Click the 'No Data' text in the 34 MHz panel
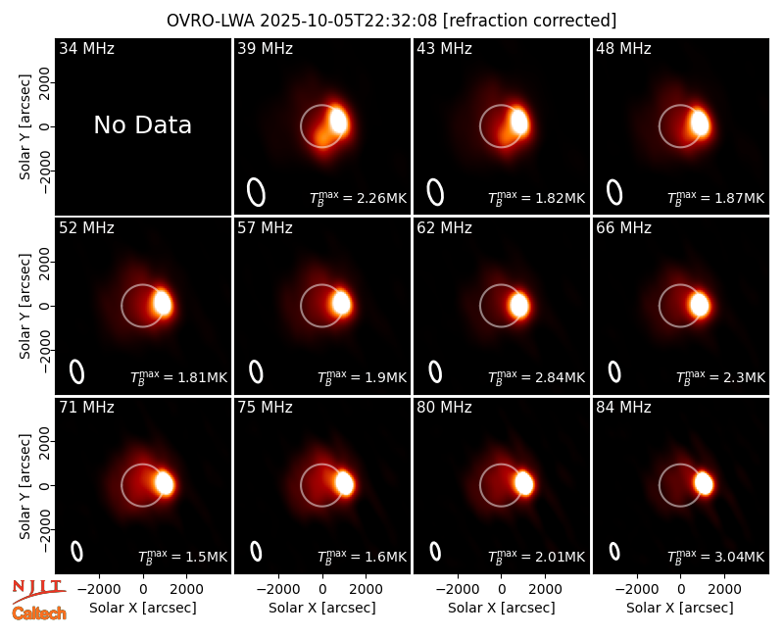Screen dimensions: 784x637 pyautogui.click(x=142, y=125)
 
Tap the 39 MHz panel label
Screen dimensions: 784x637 pyautogui.click(x=265, y=48)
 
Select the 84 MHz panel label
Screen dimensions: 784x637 pyautogui.click(x=623, y=408)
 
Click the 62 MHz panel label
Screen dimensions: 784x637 pyautogui.click(x=444, y=228)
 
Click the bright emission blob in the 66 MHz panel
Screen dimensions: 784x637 pyautogui.click(x=699, y=305)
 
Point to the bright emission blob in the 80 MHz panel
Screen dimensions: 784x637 pyautogui.click(x=524, y=483)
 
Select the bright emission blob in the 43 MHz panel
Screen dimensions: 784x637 pyautogui.click(x=519, y=122)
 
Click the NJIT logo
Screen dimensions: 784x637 pyautogui.click(x=38, y=591)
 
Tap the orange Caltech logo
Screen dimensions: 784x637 pyautogui.click(x=39, y=613)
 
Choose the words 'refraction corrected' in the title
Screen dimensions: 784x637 pyautogui.click(x=530, y=21)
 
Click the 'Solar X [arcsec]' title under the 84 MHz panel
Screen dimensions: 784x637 pyautogui.click(x=680, y=608)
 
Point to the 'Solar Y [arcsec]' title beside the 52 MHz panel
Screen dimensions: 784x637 pyautogui.click(x=24, y=306)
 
